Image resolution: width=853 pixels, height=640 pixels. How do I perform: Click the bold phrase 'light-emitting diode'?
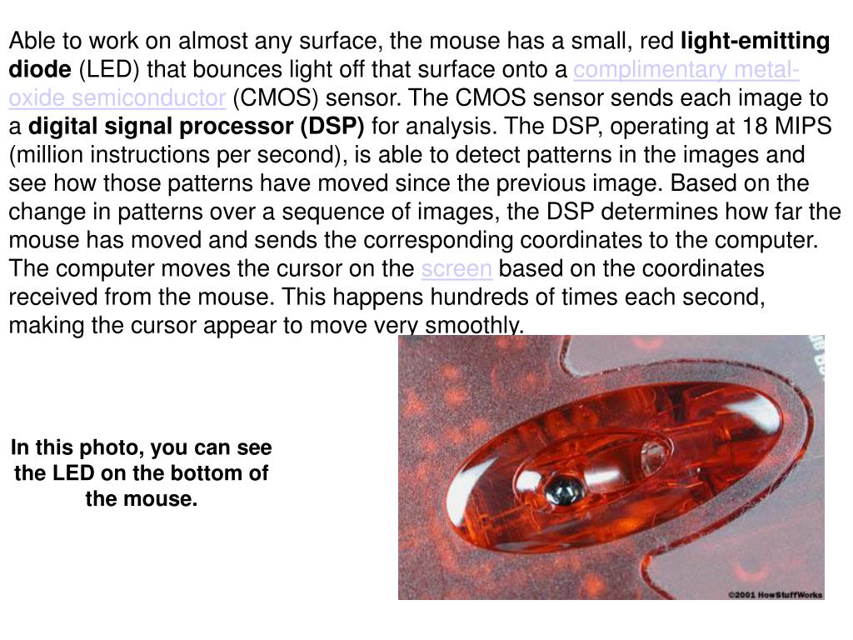tap(756, 41)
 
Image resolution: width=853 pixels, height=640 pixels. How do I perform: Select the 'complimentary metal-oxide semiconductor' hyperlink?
tap(686, 69)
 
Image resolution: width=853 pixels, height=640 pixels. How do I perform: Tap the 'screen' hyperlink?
tap(456, 269)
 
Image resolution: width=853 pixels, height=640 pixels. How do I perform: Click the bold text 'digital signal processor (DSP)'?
tap(197, 127)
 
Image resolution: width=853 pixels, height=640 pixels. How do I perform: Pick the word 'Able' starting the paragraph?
tap(31, 41)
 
